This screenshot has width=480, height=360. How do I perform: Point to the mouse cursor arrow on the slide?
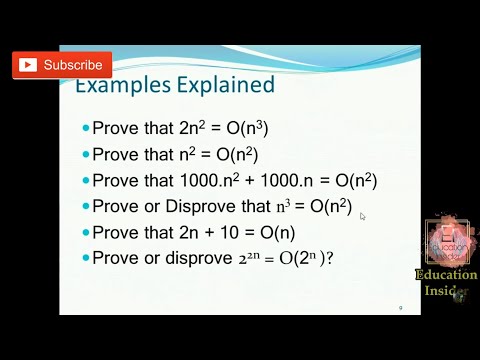[364, 216]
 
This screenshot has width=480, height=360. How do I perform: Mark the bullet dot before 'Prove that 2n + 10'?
[85, 232]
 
